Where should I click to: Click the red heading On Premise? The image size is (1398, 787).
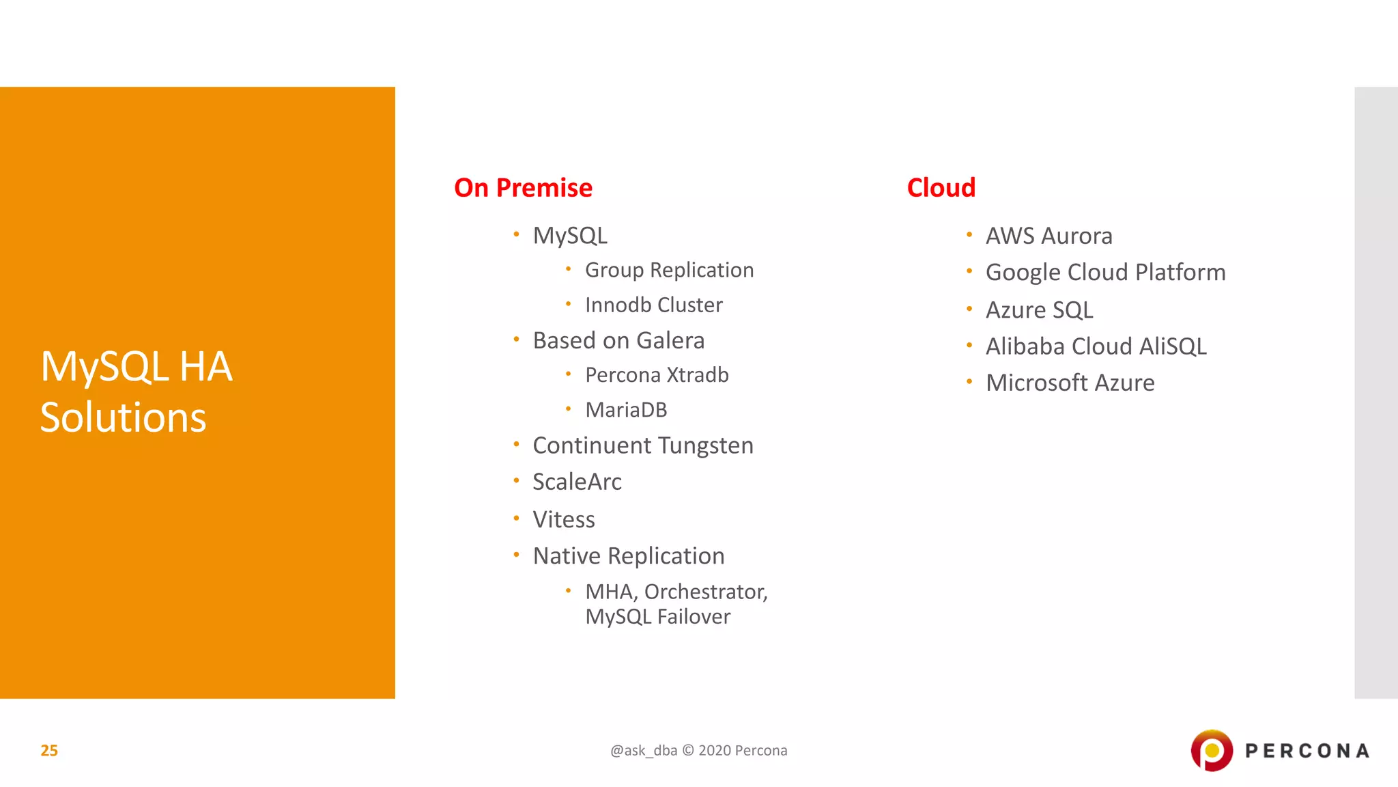pyautogui.click(x=523, y=188)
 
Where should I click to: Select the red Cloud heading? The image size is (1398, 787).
pyautogui.click(x=941, y=188)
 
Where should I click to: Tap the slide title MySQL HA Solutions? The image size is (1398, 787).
pyautogui.click(x=137, y=391)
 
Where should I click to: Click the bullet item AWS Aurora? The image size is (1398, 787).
pyautogui.click(x=1048, y=236)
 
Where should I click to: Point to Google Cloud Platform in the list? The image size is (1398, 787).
pyautogui.click(x=1105, y=273)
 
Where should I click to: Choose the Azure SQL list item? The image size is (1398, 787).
pyautogui.click(x=1039, y=310)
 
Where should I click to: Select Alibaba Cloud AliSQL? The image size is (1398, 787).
pyautogui.click(x=1096, y=346)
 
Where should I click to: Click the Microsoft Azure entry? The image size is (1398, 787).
pyautogui.click(x=1070, y=383)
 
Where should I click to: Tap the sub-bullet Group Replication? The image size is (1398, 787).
pyautogui.click(x=669, y=271)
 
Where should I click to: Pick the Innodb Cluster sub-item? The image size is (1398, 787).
pyautogui.click(x=653, y=305)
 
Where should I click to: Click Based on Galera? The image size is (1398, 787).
pyautogui.click(x=618, y=341)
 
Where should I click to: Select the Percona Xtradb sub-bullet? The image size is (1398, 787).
pyautogui.click(x=657, y=375)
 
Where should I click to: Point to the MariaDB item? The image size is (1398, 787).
pyautogui.click(x=626, y=410)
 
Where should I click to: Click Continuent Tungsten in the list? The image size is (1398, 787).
pyautogui.click(x=642, y=446)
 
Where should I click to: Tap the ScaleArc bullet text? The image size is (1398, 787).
pyautogui.click(x=577, y=482)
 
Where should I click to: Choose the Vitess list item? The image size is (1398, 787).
pyautogui.click(x=563, y=520)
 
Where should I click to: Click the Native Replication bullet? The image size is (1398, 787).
pyautogui.click(x=628, y=556)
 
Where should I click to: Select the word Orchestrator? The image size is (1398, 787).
pyautogui.click(x=705, y=592)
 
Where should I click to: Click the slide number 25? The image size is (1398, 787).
pyautogui.click(x=49, y=751)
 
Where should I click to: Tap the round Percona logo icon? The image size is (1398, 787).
pyautogui.click(x=1212, y=751)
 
